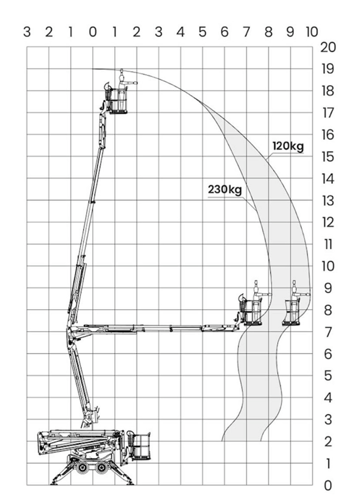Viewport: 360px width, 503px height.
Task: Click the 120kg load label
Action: pos(288,146)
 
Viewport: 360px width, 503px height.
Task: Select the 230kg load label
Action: pos(225,190)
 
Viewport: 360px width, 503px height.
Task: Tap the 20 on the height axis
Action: pos(328,47)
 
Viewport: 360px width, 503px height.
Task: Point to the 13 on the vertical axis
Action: pos(328,201)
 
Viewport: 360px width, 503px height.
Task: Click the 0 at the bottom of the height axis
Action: pos(328,485)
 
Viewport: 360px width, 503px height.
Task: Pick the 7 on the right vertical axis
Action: pos(328,332)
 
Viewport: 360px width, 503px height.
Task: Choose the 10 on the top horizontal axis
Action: pos(311,32)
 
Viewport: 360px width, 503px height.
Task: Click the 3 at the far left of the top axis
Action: pos(27,32)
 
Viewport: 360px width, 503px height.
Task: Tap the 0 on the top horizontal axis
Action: pos(93,32)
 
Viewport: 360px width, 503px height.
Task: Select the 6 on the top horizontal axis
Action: pos(225,32)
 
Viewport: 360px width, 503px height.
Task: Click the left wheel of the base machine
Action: pos(84,467)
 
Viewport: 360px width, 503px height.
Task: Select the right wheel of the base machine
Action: pos(102,467)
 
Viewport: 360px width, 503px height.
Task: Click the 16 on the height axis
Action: pos(328,135)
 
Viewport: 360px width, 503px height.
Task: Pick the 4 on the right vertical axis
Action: pos(328,398)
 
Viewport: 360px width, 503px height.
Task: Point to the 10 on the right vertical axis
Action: pos(328,266)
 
